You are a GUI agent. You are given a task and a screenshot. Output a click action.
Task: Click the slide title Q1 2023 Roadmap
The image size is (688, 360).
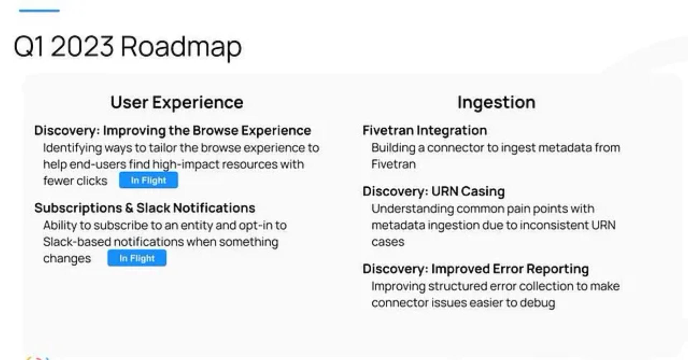point(128,47)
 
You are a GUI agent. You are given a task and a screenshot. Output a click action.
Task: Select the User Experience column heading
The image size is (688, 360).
point(177,102)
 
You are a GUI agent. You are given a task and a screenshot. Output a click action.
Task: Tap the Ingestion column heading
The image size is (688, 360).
point(496,102)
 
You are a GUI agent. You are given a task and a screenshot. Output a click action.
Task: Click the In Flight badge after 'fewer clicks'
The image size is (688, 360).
point(148,180)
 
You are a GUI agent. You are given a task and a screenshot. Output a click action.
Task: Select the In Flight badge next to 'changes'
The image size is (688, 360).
point(137,258)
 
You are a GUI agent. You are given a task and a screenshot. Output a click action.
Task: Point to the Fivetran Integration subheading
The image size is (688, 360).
point(425,130)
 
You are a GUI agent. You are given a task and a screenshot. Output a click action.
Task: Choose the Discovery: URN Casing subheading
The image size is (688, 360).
point(434,191)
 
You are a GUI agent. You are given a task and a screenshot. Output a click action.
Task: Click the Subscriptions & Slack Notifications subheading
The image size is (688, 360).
point(145,208)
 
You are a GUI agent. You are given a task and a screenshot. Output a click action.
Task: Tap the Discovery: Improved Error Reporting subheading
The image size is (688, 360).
point(476,269)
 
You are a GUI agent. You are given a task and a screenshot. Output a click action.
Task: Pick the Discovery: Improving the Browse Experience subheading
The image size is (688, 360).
point(173,130)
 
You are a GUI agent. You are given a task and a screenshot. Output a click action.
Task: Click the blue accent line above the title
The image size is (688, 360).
point(39,11)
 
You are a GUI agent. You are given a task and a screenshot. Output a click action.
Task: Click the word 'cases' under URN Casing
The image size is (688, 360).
point(388,242)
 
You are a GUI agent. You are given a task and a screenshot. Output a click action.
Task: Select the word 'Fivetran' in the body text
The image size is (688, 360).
point(393,164)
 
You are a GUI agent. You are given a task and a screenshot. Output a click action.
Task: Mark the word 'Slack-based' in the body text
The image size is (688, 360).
point(77,242)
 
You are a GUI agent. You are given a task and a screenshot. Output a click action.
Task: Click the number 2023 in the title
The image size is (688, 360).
point(82,47)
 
